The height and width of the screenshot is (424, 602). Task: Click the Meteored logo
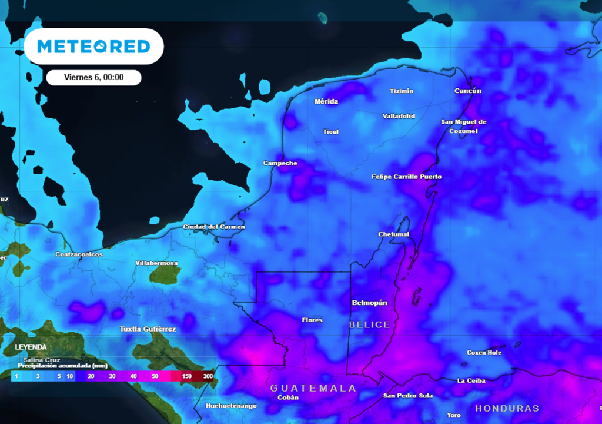tap(93, 47)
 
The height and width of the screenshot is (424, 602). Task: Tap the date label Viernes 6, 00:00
tap(93, 77)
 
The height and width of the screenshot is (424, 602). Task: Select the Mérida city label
tap(326, 101)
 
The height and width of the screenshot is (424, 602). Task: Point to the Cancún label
tap(468, 91)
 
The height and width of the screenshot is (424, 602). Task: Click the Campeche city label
tap(280, 163)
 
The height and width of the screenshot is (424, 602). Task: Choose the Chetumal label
tap(393, 234)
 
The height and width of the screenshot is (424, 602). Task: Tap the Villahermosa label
tap(156, 263)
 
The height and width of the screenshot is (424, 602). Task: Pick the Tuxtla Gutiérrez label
tap(148, 329)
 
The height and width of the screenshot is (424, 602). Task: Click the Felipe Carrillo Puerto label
tap(406, 177)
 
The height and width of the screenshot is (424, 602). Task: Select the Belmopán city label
tap(369, 303)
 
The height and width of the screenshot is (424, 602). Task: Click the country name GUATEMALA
tap(313, 388)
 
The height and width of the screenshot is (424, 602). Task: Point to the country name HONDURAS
tap(507, 408)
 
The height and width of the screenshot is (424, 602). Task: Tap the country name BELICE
tap(369, 324)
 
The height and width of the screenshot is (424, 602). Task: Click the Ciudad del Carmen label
tap(214, 227)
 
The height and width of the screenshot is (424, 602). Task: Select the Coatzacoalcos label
tap(79, 254)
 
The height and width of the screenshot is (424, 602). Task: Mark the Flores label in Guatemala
tap(312, 320)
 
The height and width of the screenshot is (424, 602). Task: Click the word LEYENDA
tap(31, 347)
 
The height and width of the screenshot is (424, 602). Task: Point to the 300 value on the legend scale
tap(208, 376)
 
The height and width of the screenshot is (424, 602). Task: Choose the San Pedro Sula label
tap(408, 396)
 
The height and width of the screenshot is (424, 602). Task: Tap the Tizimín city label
tap(402, 91)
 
